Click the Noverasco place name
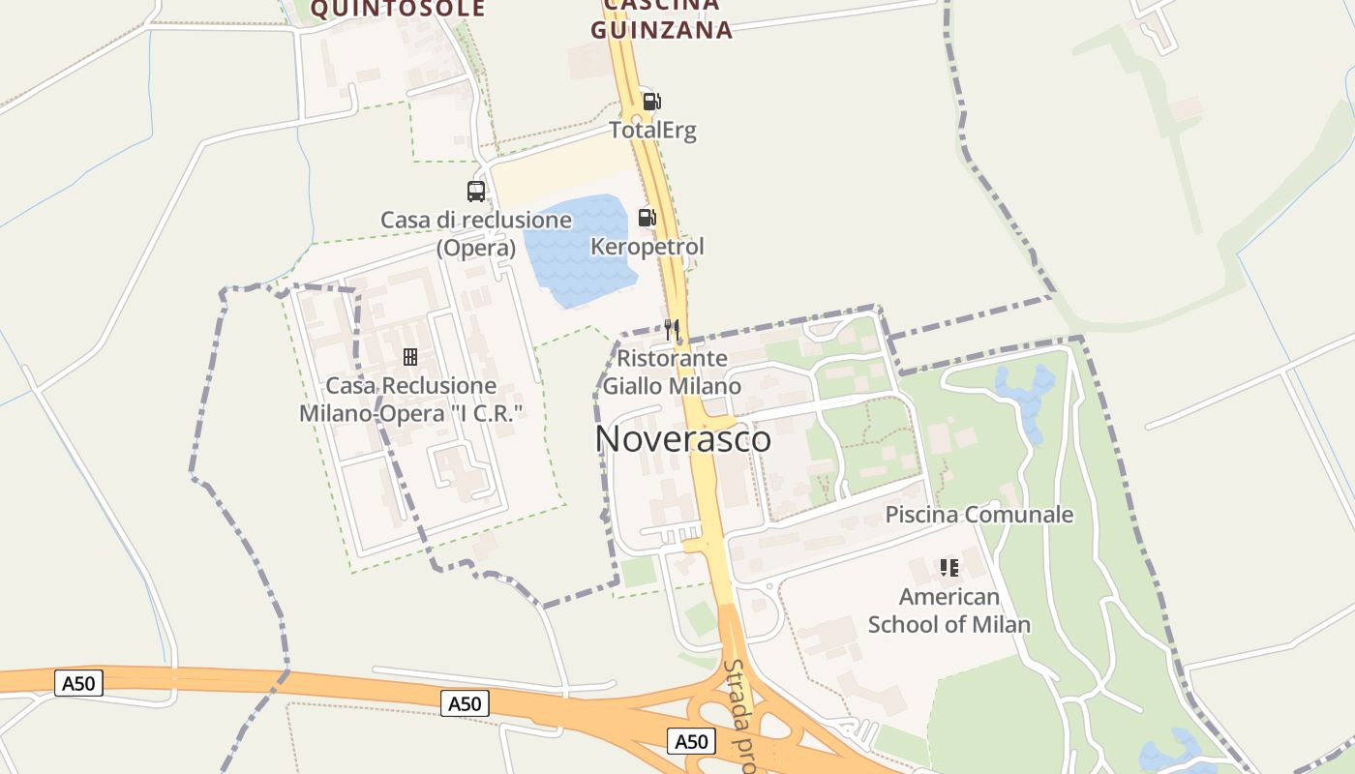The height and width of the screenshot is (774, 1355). (x=683, y=439)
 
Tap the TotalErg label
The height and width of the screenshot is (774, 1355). (x=652, y=130)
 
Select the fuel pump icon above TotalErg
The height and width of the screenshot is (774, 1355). (x=651, y=101)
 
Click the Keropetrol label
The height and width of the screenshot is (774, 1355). (x=647, y=247)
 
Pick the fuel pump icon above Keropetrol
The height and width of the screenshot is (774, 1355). (x=647, y=218)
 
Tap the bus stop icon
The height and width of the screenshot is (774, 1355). (x=476, y=191)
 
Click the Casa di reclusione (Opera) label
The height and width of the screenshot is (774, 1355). (x=476, y=233)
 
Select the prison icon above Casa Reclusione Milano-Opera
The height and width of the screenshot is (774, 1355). (x=410, y=357)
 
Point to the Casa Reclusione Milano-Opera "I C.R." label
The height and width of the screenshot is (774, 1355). (x=411, y=400)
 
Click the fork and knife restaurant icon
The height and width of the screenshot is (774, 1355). (x=672, y=330)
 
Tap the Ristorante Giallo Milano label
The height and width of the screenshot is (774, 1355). (x=672, y=372)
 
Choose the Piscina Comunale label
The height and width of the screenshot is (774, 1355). (x=979, y=515)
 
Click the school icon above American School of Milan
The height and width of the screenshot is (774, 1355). (x=948, y=568)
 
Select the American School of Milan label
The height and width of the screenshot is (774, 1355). (x=948, y=610)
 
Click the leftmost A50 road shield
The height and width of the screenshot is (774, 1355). (x=78, y=684)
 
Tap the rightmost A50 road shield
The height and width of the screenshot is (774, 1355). (x=691, y=742)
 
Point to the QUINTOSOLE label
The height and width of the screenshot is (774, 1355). (x=397, y=10)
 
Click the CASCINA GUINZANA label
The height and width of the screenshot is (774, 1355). (x=661, y=19)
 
